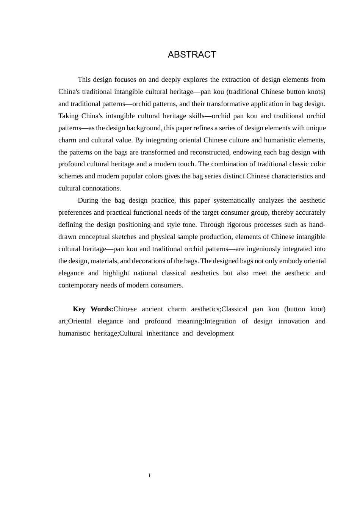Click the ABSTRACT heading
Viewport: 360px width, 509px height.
[192, 55]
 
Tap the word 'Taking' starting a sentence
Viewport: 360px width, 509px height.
[68, 116]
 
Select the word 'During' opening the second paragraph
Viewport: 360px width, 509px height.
[88, 200]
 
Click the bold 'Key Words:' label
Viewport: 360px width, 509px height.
[93, 309]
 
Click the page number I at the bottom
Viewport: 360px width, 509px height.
[149, 476]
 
